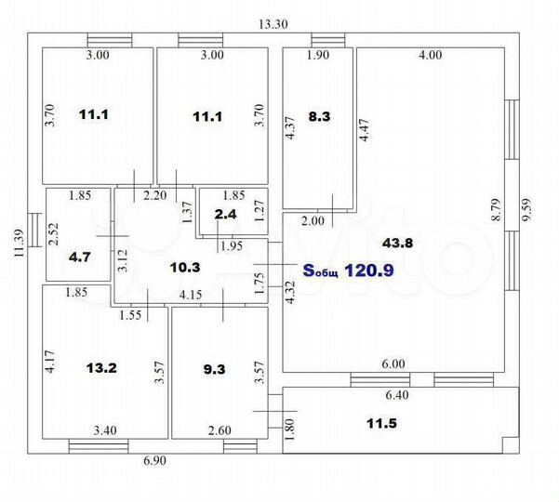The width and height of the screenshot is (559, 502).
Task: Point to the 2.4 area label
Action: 226,215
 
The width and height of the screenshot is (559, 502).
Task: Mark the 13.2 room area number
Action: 101,366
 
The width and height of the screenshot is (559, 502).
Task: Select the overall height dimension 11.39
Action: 17,247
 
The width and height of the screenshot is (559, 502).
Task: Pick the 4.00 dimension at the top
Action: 429,56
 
